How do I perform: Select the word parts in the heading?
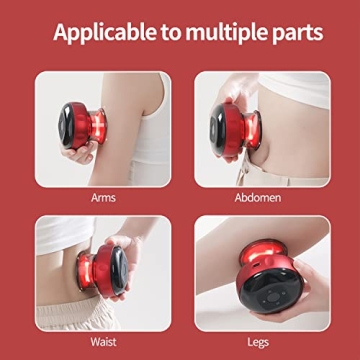click(x=296, y=31)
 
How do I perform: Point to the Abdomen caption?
click(x=259, y=198)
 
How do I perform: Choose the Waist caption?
click(x=102, y=340)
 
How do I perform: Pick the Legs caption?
click(x=259, y=340)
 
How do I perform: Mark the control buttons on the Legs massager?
click(x=271, y=301)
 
